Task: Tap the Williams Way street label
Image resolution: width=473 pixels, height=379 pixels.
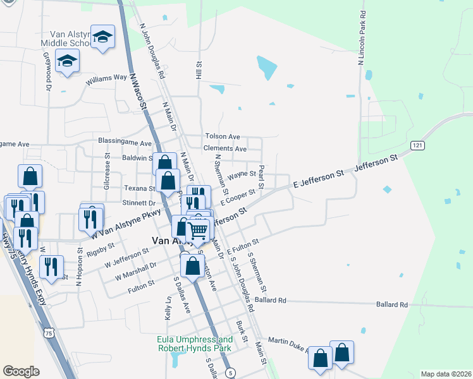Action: coord(107,79)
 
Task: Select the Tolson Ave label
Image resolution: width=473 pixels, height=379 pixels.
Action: coord(222,136)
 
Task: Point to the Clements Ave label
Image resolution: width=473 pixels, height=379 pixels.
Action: coord(224,148)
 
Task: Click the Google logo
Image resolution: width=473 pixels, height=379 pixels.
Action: coord(21,371)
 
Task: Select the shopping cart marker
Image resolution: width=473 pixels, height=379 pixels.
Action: coord(198,231)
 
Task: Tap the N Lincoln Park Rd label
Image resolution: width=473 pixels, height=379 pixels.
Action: coord(362,38)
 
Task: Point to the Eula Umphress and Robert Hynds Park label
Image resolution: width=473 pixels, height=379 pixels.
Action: coord(193,344)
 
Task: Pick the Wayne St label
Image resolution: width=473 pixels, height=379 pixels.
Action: coord(241,174)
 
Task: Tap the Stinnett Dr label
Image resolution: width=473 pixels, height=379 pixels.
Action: coord(139,203)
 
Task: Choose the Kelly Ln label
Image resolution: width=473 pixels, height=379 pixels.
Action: coord(168,307)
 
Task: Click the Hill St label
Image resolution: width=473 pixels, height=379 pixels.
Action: coord(199,70)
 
